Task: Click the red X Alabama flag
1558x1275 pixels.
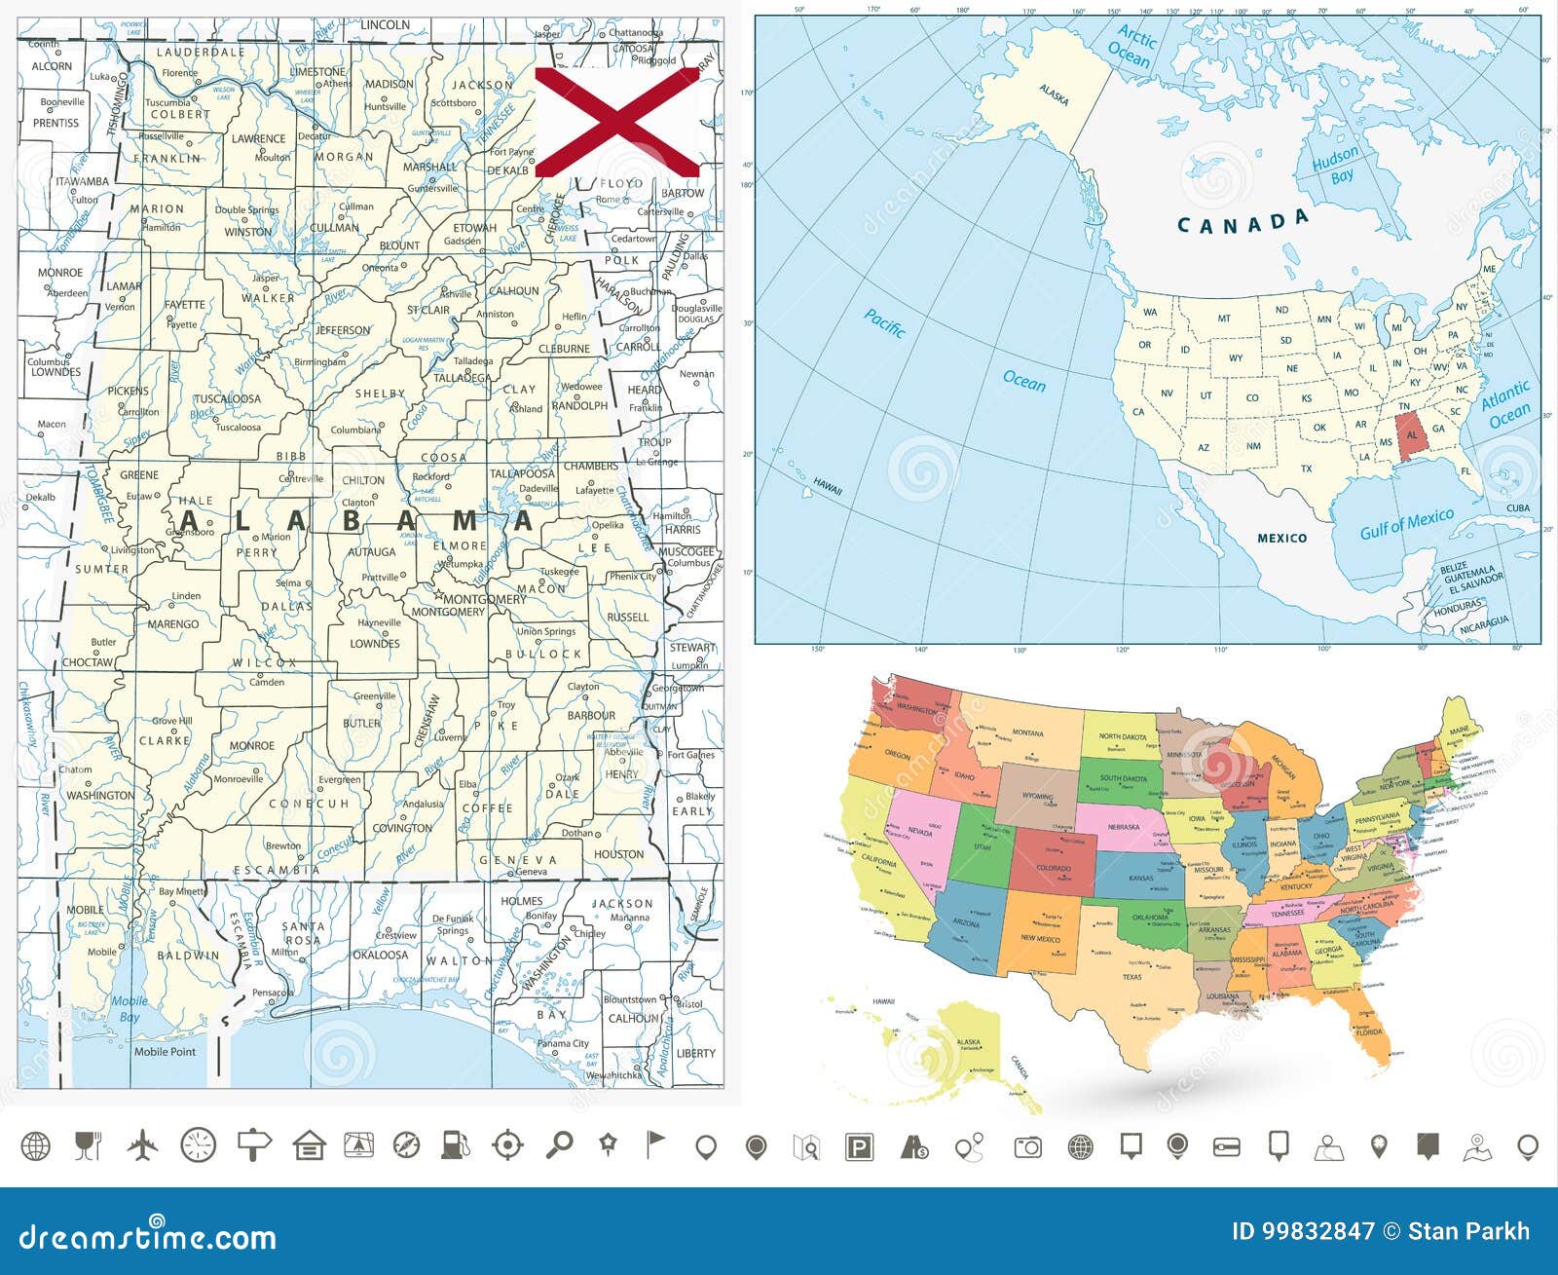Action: pos(617,122)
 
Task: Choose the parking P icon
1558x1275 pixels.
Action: pos(859,1146)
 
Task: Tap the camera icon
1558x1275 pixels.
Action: pos(1027,1146)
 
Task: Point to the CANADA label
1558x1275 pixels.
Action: pos(1243,223)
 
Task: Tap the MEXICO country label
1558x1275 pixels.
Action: pos(1281,538)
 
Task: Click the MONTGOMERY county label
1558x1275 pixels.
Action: pos(448,612)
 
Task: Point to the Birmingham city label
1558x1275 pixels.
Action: pos(319,361)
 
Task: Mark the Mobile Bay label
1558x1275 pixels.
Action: pos(129,1008)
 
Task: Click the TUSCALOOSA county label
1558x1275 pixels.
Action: pos(228,398)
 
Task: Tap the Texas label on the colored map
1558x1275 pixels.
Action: pos(1131,976)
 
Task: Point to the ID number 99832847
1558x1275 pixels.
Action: pos(1303,1232)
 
